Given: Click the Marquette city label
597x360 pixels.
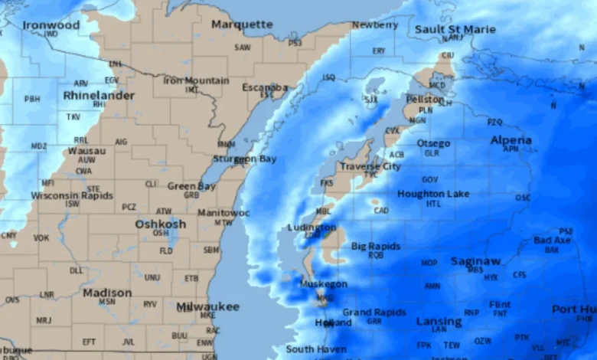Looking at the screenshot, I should coord(242,25).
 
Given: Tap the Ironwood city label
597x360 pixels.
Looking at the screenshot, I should coord(51,25).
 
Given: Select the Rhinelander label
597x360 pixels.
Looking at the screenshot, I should coord(99,96).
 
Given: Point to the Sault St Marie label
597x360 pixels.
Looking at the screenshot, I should coord(455,29).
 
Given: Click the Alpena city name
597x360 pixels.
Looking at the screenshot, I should coord(511,140).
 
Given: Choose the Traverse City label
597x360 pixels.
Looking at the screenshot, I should coord(370,166).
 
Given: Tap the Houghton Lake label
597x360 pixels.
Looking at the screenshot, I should coord(433,195).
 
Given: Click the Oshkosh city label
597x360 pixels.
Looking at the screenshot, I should coord(161,224).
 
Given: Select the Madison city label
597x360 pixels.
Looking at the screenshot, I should coord(107,293).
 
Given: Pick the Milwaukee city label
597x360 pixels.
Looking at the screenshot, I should coord(208,306).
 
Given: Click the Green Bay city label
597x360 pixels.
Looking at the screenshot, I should coord(191,186).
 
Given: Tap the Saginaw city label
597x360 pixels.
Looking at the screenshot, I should coord(476,261).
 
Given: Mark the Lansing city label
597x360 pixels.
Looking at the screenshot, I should coord(439,322).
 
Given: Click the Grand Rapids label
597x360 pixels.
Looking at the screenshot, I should coord(374,313).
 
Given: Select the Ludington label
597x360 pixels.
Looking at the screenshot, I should coord(312,227).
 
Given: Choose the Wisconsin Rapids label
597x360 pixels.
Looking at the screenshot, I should coord(72,195).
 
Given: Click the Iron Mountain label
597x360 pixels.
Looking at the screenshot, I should coord(196,80).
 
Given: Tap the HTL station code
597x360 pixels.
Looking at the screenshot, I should coord(434,204).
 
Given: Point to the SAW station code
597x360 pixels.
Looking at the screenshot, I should coord(243,47).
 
